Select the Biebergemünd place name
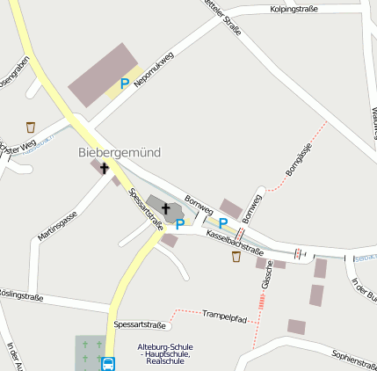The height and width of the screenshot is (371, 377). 120,152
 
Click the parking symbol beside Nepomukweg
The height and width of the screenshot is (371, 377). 125,84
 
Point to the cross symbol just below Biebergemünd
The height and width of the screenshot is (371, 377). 105,167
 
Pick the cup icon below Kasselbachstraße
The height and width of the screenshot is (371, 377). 236,257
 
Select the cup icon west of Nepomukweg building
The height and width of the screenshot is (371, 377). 31,127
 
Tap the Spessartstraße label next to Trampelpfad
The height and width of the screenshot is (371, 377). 141,324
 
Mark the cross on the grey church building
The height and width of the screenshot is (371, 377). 165,208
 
